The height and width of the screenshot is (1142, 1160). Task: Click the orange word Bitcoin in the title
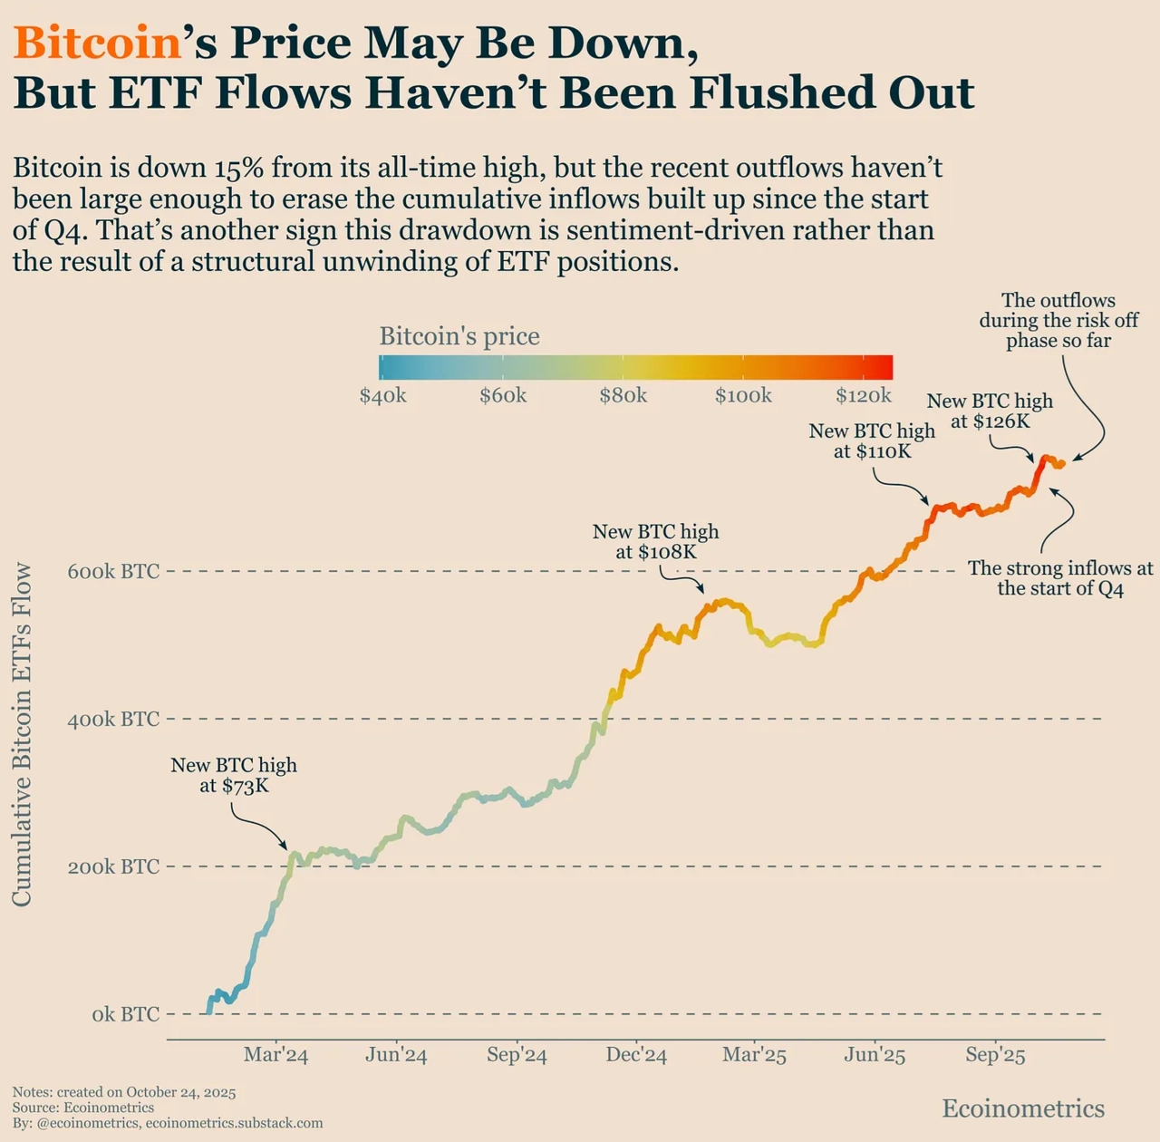click(98, 43)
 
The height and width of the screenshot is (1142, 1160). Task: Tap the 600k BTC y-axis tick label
click(113, 571)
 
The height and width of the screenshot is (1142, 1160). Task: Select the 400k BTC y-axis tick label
click(113, 719)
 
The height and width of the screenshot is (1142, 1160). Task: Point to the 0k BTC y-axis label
click(125, 1014)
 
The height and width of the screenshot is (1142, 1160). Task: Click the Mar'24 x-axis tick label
click(275, 1055)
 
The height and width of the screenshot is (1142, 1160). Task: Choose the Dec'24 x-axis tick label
click(636, 1055)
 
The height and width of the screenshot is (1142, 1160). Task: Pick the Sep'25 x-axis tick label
click(995, 1055)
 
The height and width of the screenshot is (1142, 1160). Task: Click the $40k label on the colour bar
click(382, 396)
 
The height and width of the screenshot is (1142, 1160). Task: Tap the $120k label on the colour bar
click(864, 396)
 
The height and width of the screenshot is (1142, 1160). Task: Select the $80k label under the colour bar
click(623, 396)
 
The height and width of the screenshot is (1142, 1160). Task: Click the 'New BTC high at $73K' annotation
click(234, 775)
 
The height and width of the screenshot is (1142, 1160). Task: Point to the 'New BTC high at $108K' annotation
click(655, 541)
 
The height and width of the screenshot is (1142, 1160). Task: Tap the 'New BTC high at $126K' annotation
click(990, 411)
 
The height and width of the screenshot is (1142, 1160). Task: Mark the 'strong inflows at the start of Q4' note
click(1060, 578)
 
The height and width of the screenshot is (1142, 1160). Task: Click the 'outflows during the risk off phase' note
click(1058, 320)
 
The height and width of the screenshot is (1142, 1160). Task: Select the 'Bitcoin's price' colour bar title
click(459, 336)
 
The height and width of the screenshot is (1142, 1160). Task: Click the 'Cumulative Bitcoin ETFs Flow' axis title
click(22, 734)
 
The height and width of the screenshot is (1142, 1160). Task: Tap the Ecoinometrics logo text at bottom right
click(1023, 1108)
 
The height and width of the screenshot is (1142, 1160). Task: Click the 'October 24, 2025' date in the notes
click(181, 1092)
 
